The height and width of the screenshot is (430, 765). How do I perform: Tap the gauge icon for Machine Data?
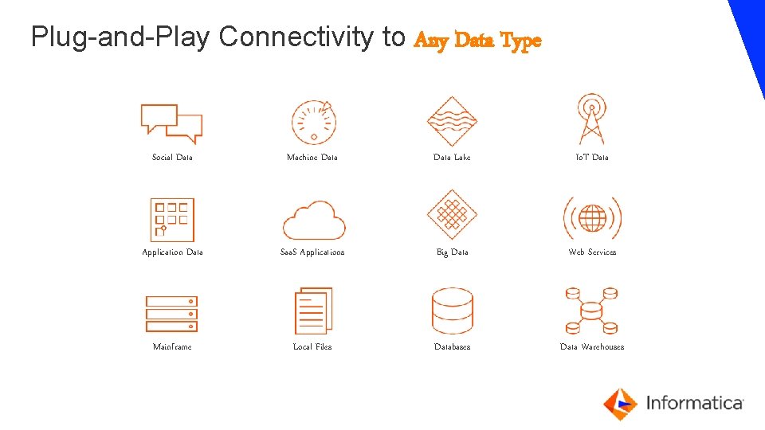click(313, 123)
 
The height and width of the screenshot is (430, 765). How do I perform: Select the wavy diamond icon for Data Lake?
click(452, 121)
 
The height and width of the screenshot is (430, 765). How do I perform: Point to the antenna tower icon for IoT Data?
click(591, 119)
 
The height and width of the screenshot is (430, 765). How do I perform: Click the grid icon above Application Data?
click(172, 220)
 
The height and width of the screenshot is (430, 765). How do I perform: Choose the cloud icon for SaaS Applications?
click(314, 220)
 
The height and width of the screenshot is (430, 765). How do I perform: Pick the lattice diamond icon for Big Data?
click(452, 214)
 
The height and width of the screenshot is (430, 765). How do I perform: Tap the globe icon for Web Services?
click(592, 217)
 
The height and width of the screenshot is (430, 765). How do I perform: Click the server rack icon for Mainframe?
click(171, 314)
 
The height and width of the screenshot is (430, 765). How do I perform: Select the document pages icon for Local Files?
click(313, 311)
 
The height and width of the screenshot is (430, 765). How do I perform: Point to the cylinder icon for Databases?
click(452, 311)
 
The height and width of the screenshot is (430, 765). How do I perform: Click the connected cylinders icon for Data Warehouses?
click(591, 311)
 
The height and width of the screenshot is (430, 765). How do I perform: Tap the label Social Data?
click(172, 158)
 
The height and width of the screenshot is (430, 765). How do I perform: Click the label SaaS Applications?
click(312, 252)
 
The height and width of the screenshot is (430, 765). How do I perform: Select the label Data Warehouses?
click(592, 347)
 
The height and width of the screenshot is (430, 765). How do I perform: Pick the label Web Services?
click(592, 252)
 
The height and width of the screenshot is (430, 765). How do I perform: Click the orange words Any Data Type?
click(478, 40)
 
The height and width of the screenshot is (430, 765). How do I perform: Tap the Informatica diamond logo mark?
click(619, 404)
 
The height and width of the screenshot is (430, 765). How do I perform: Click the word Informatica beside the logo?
click(694, 403)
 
